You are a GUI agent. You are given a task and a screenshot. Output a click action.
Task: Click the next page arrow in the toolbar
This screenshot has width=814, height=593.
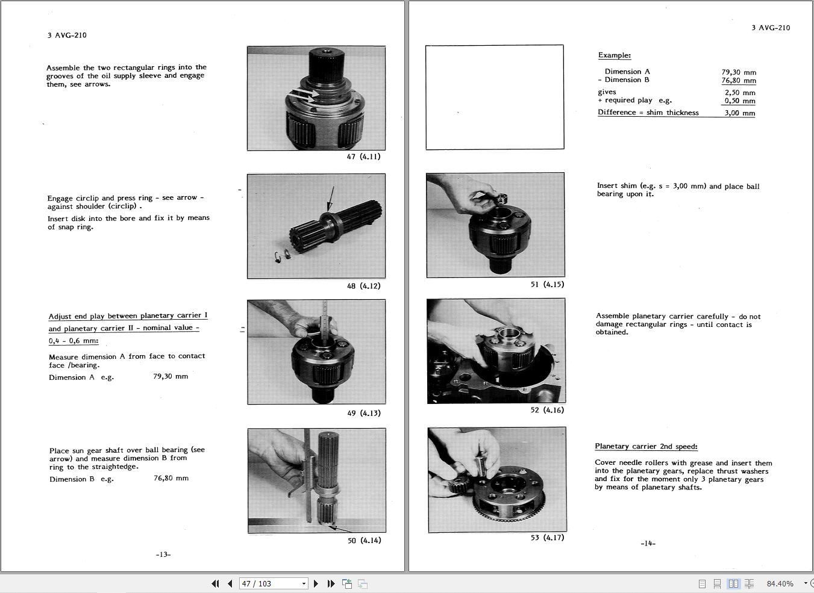click(x=316, y=583)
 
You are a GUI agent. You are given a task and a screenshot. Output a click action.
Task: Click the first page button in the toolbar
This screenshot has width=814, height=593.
click(x=215, y=583)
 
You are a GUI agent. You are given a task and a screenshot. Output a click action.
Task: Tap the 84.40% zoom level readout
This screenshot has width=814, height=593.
click(x=780, y=583)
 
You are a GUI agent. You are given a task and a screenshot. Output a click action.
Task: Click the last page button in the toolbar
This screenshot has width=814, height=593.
click(x=331, y=583)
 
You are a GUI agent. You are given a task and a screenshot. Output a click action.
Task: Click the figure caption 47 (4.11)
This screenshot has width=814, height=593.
click(x=363, y=157)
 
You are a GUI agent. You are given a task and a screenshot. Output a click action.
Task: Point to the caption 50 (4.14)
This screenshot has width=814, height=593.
click(x=364, y=541)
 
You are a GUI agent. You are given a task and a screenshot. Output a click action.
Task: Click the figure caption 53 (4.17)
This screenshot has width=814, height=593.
click(x=547, y=538)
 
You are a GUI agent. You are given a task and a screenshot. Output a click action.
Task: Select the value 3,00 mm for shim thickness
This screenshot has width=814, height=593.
click(x=739, y=113)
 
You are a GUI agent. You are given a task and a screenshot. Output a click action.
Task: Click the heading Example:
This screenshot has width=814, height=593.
click(x=614, y=55)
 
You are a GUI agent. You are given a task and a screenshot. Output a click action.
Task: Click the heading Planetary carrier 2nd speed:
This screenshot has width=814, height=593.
click(x=646, y=447)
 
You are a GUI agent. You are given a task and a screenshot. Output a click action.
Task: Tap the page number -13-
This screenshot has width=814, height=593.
click(x=163, y=554)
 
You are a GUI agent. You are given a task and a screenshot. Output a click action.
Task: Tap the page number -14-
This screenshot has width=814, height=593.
click(x=648, y=543)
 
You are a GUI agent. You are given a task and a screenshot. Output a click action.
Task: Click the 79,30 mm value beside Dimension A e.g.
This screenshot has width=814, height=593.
click(x=171, y=376)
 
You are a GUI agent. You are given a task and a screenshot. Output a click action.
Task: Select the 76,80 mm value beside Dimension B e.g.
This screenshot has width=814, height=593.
click(x=171, y=478)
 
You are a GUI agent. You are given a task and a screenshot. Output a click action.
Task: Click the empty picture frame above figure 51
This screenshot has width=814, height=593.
click(x=495, y=97)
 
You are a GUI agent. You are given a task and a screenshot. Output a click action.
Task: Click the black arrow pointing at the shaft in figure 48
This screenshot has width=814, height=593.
click(x=330, y=199)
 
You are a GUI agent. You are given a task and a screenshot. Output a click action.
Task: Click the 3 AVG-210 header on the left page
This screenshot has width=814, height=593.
click(x=67, y=35)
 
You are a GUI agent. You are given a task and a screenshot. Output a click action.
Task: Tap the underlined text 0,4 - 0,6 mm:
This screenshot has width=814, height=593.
click(x=74, y=341)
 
